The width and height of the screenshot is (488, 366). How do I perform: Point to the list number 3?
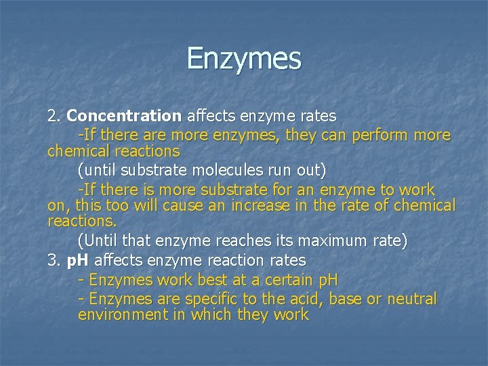click(x=54, y=260)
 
